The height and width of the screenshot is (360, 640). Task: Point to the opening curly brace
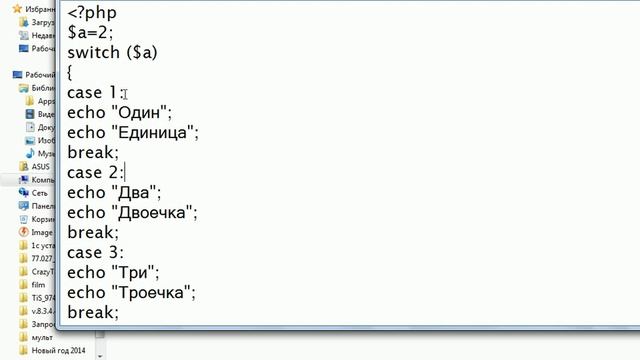[70, 73]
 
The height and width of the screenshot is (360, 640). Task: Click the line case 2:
[95, 172]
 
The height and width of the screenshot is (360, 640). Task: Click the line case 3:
[95, 252]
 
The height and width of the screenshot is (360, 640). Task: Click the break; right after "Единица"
[93, 152]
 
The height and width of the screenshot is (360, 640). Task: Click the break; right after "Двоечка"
[93, 232]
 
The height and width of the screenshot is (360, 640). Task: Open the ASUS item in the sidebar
[41, 167]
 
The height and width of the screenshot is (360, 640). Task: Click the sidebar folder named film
[38, 284]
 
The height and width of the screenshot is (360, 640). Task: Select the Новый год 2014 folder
[59, 350]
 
